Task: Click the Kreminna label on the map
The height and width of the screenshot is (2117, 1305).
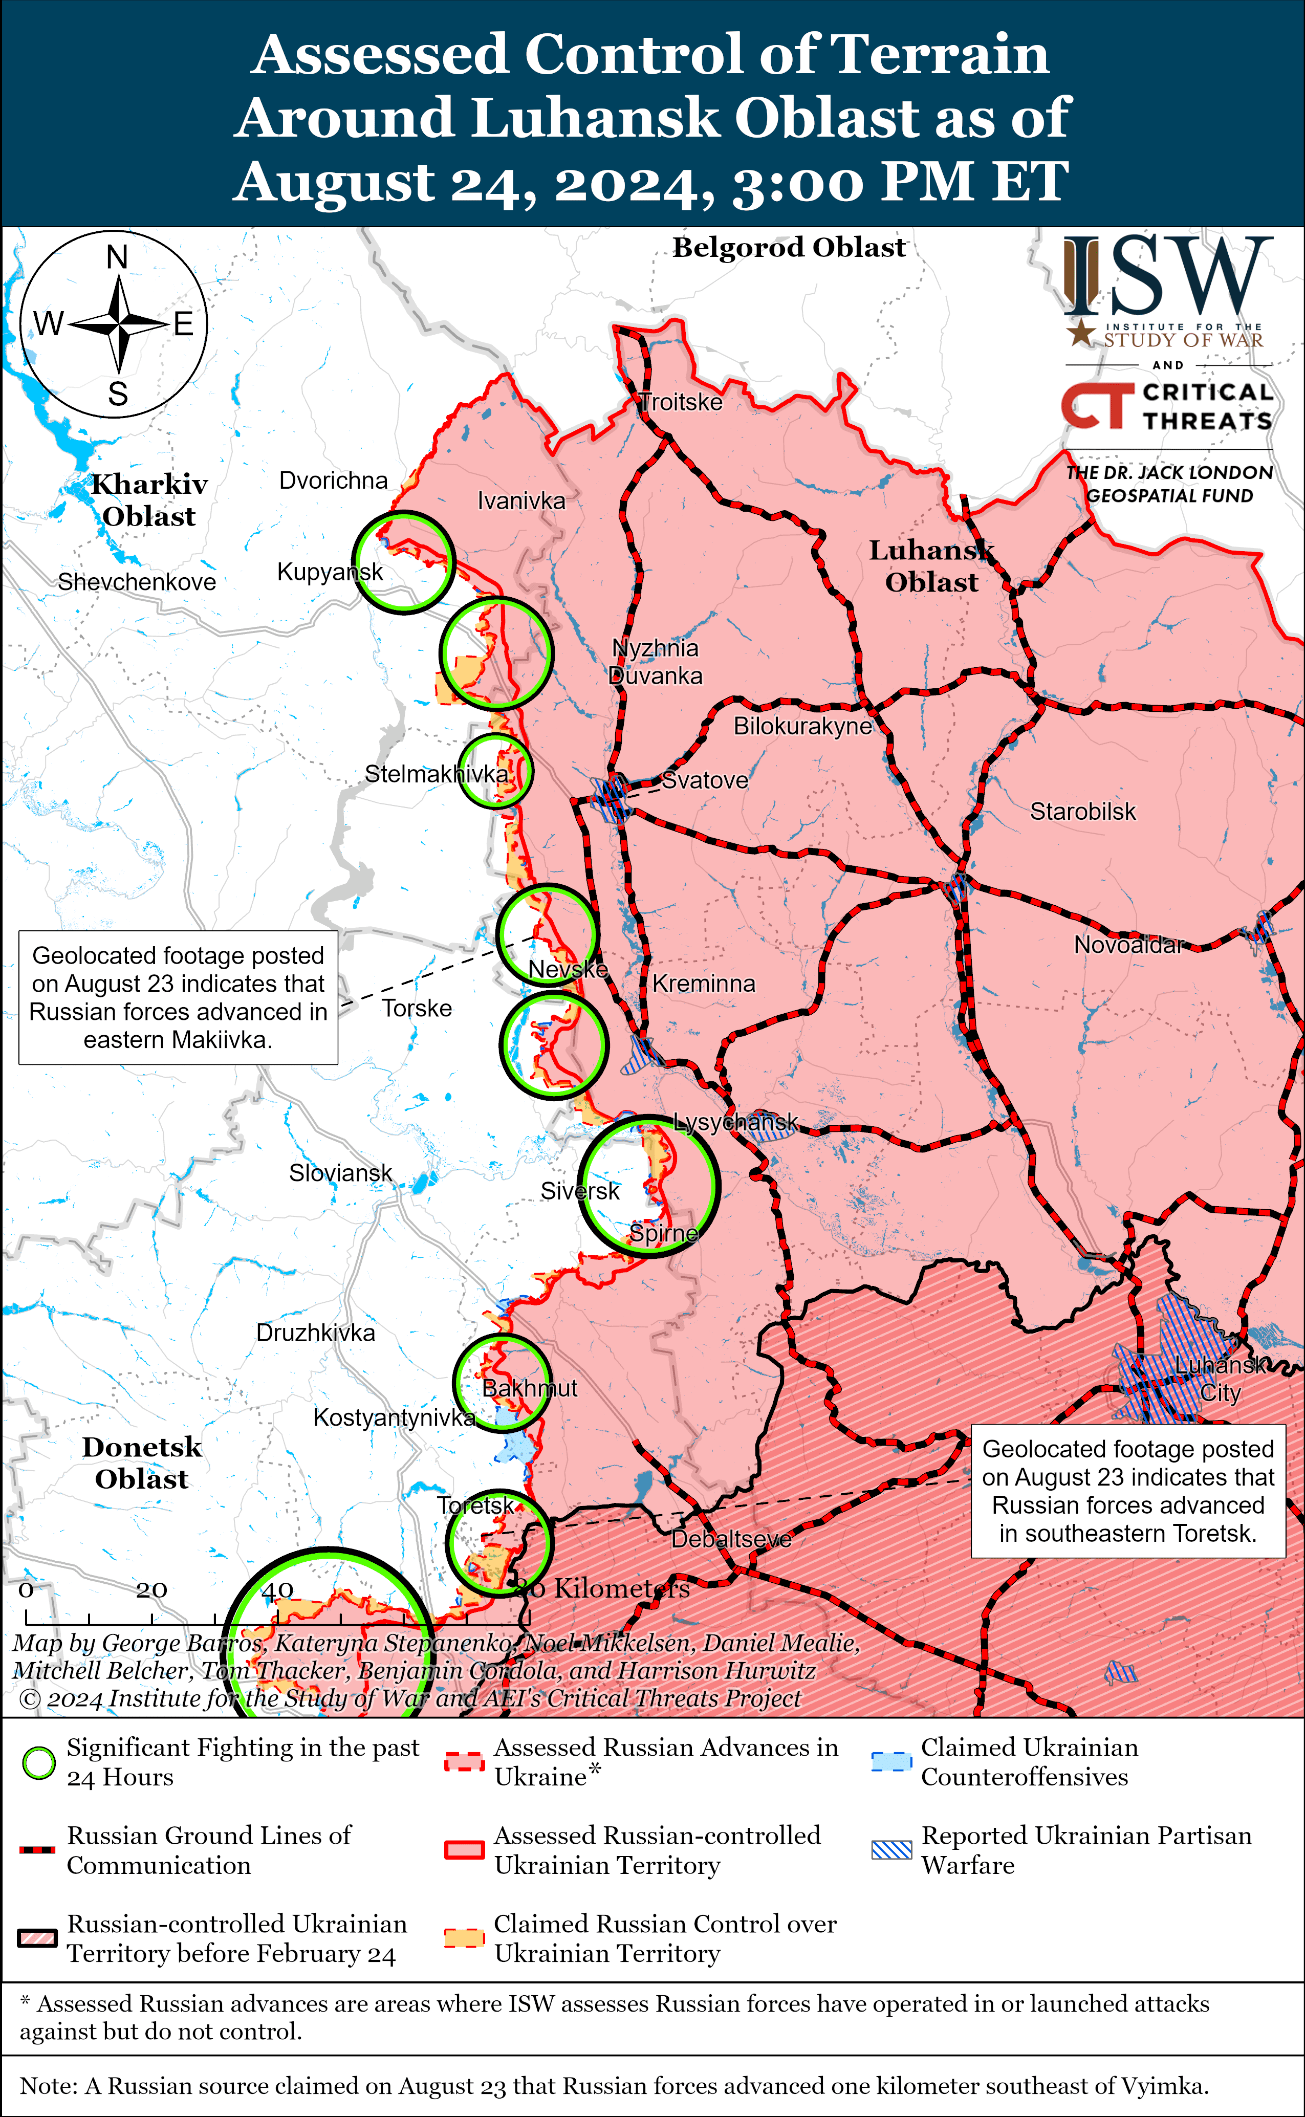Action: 704,983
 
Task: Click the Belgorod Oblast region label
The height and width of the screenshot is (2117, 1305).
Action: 789,248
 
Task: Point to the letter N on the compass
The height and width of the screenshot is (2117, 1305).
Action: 117,257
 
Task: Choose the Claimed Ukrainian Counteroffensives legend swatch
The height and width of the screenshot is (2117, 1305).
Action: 891,1762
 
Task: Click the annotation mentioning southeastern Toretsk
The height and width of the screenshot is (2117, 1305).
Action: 1127,1491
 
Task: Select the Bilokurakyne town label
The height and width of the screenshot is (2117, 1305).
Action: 802,726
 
